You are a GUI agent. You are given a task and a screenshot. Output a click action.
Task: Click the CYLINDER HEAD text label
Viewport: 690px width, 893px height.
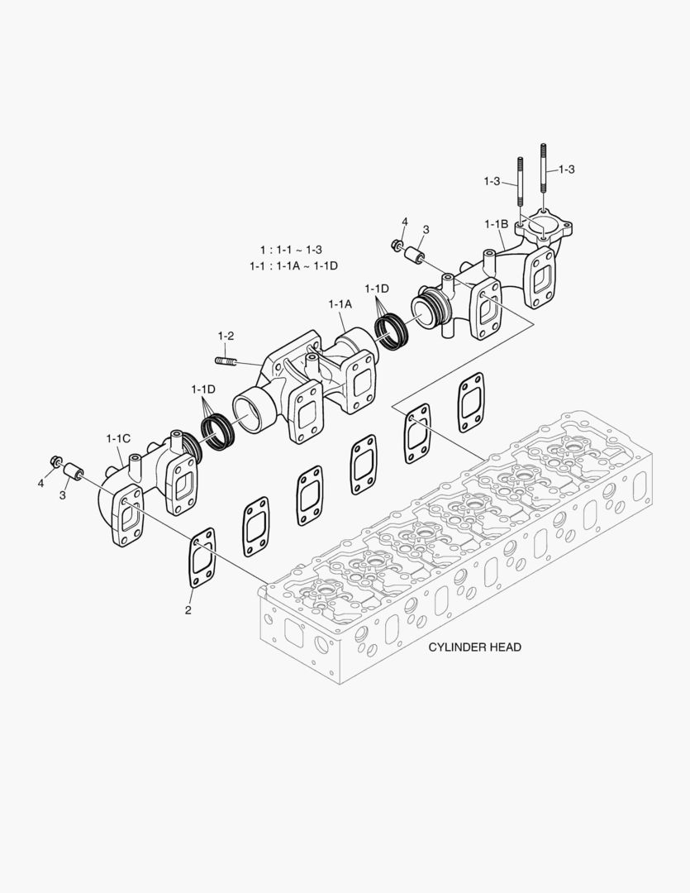tap(474, 647)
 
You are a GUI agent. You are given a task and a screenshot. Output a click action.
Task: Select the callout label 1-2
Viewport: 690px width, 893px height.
tap(226, 336)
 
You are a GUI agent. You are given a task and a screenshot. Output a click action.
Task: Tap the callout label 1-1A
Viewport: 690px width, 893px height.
tap(340, 304)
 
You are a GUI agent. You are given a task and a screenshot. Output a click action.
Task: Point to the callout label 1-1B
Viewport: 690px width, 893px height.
tap(496, 224)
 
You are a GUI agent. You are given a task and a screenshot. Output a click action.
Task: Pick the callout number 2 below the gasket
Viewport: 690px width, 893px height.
tap(188, 610)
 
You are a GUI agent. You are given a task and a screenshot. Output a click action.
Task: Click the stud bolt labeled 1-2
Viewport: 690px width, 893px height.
tap(226, 361)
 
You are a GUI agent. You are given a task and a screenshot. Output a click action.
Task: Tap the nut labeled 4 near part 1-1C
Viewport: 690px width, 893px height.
tap(57, 461)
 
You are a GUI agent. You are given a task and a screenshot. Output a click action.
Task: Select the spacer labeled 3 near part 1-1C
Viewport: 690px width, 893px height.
tap(73, 472)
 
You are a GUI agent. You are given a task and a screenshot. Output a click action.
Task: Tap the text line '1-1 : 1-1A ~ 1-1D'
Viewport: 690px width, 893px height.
tap(293, 265)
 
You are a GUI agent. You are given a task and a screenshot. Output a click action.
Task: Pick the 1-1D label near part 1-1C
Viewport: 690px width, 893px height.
tap(203, 389)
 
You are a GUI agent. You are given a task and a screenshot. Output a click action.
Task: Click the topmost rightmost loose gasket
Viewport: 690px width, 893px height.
tap(470, 402)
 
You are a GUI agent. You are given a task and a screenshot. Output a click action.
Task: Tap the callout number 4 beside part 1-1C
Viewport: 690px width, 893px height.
tap(40, 483)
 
